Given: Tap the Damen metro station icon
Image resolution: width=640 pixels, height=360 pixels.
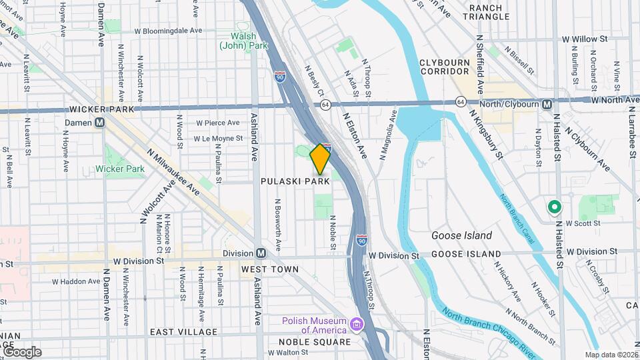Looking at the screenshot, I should (99, 123).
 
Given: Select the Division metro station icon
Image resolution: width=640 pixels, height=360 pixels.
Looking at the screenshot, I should (261, 253).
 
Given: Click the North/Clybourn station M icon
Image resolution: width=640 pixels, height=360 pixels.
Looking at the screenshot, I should (547, 104).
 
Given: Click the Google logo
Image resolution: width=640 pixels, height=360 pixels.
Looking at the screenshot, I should (21, 351).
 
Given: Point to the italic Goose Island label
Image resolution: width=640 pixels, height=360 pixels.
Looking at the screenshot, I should (461, 235).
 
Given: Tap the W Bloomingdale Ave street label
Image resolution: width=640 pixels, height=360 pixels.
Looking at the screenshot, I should (168, 31).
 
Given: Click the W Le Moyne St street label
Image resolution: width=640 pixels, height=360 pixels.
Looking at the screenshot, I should (217, 139).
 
